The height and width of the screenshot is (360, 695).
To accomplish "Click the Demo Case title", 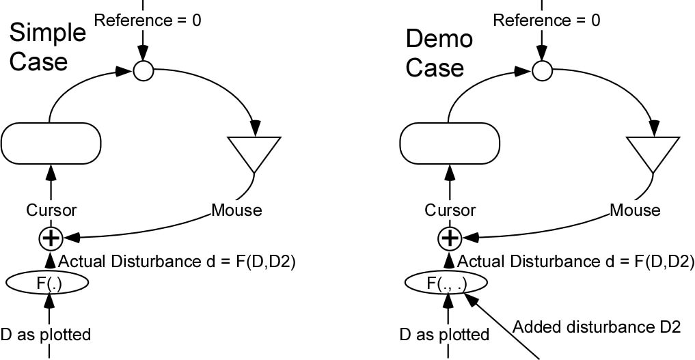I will pyautogui.click(x=439, y=53).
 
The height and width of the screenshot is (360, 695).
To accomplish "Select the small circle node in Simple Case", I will pyautogui.click(x=144, y=70).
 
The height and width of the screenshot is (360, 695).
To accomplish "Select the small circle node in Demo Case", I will pyautogui.click(x=542, y=70).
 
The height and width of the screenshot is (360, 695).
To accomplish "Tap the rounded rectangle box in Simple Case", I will pyautogui.click(x=51, y=143).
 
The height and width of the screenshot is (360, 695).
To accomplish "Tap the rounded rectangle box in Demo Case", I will pyautogui.click(x=449, y=143).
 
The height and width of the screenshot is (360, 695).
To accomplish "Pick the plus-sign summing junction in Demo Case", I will pyautogui.click(x=449, y=237).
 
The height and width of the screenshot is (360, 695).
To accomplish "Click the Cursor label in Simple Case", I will pyautogui.click(x=51, y=210).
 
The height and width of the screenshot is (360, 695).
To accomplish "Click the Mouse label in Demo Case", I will pyautogui.click(x=635, y=210).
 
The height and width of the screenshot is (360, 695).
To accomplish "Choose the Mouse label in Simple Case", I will pyautogui.click(x=236, y=210).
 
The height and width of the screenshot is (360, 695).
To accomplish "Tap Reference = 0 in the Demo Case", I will pyautogui.click(x=546, y=20).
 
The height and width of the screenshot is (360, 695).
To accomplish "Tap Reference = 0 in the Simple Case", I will pyautogui.click(x=148, y=20).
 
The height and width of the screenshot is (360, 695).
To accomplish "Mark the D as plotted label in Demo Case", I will pyautogui.click(x=444, y=334).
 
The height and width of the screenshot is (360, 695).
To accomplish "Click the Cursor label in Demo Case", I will pyautogui.click(x=449, y=210).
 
